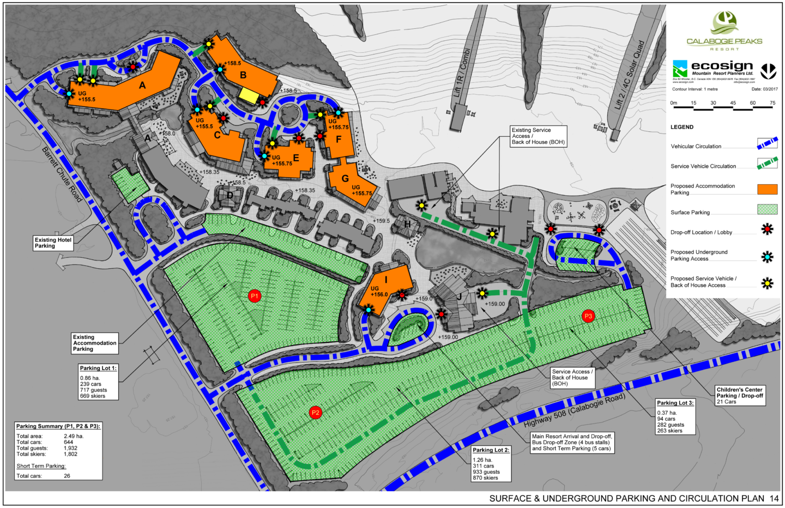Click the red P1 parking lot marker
pos(254,296)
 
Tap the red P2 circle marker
pos(315,413)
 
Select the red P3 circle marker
pos(588,316)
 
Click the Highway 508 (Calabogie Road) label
pos(574,410)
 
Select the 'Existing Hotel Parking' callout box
pos(53,243)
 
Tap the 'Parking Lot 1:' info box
pos(98,382)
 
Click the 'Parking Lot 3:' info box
pos(675,416)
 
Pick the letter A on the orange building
pos(142,85)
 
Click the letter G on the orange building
pos(345,178)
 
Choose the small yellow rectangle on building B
pos(249,96)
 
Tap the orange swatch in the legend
pos(767,189)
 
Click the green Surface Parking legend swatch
pos(767,209)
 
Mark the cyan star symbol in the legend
pos(767,257)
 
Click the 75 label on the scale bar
pos(772,103)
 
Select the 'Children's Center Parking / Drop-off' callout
pos(740,396)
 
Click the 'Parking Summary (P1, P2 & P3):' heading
pos(58,426)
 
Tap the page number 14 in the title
pos(775,498)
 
